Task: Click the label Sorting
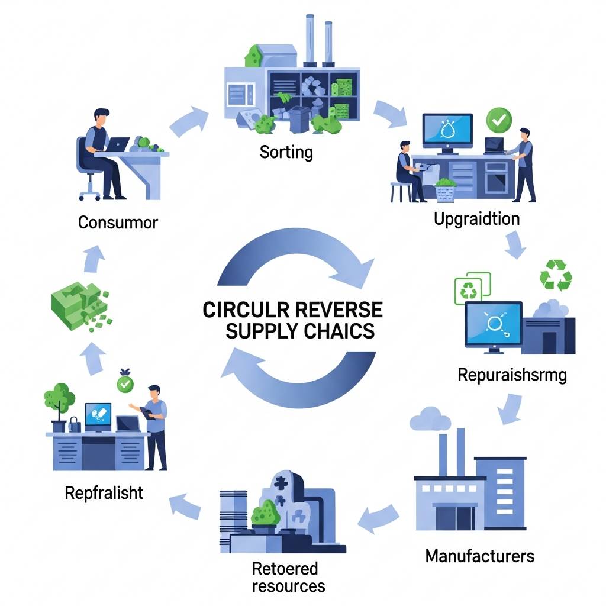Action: click(x=286, y=151)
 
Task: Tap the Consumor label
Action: click(x=118, y=223)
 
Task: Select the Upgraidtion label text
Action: click(x=476, y=219)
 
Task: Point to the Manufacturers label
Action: click(x=480, y=556)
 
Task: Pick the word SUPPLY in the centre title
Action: click(x=262, y=330)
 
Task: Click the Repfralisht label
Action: click(x=104, y=492)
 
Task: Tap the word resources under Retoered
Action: click(x=288, y=586)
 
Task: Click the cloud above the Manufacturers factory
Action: click(x=431, y=419)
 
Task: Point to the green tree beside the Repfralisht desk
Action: click(x=59, y=397)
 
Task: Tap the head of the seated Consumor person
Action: click(x=101, y=117)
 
